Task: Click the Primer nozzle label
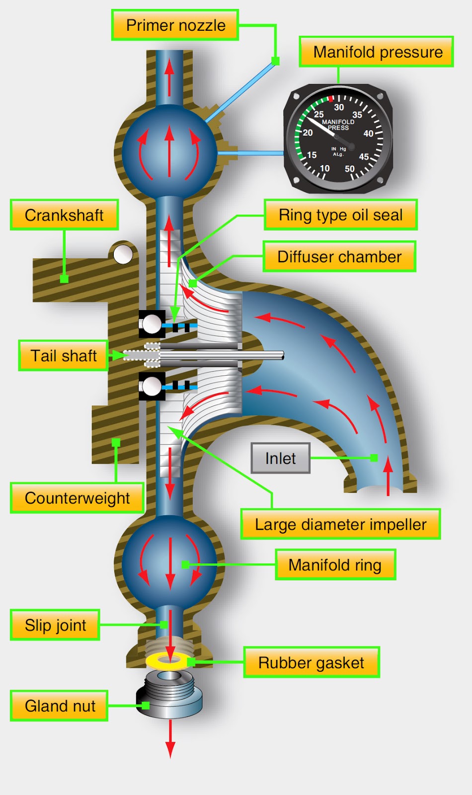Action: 175,25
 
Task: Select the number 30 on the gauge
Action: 339,107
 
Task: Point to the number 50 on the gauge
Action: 350,169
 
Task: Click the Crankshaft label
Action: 64,215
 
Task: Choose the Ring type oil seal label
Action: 340,215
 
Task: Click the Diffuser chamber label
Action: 339,257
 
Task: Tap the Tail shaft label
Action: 63,356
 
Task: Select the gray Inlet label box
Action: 280,458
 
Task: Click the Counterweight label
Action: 77,498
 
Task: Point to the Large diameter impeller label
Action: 340,524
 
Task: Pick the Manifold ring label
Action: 335,565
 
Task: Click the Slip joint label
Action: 55,625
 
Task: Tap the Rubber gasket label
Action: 311,663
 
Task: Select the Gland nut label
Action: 60,706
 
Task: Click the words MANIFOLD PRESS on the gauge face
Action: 338,125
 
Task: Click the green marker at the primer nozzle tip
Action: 275,61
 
